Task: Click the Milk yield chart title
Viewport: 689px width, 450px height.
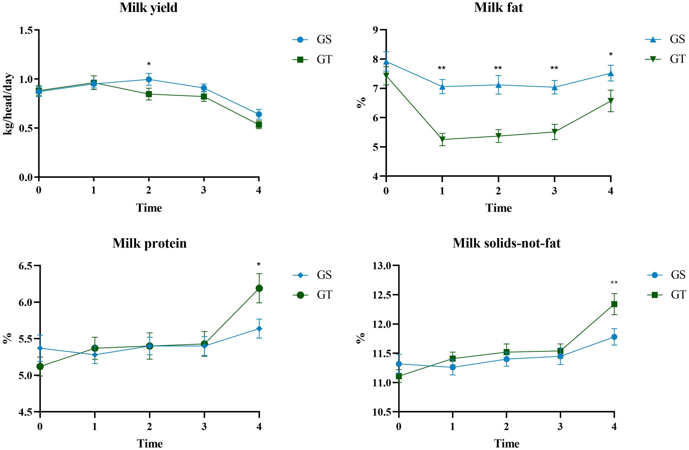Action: [x=149, y=8]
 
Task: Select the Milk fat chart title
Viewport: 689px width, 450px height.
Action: [x=499, y=8]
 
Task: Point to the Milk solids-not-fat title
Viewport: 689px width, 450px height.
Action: [x=507, y=243]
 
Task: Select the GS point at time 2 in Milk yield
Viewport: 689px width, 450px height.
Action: [x=149, y=79]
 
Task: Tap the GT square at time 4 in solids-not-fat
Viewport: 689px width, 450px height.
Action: [x=614, y=304]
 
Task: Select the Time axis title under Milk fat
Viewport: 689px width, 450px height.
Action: [x=499, y=208]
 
